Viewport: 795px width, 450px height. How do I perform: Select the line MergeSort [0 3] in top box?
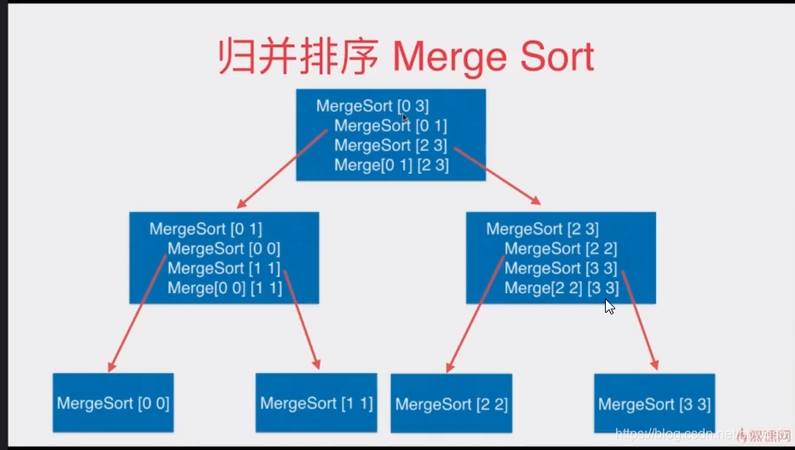(372, 106)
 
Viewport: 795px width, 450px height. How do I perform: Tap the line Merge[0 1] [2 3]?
(391, 164)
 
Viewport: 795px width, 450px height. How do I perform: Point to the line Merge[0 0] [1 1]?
(224, 288)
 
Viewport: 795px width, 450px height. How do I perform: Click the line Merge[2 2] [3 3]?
(561, 288)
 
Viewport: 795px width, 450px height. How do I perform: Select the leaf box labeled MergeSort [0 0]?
(113, 403)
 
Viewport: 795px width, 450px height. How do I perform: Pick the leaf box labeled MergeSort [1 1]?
(316, 403)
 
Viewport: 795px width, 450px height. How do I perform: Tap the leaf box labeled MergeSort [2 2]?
(452, 404)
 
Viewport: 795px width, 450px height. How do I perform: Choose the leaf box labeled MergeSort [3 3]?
(654, 404)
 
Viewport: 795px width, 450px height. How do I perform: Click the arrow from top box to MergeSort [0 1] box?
(281, 169)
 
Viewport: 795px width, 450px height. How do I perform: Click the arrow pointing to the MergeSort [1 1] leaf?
(302, 320)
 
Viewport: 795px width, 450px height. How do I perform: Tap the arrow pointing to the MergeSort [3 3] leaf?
(639, 320)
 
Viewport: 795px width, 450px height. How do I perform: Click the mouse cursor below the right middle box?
(609, 307)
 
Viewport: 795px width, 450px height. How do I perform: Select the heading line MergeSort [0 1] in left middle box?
(205, 229)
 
